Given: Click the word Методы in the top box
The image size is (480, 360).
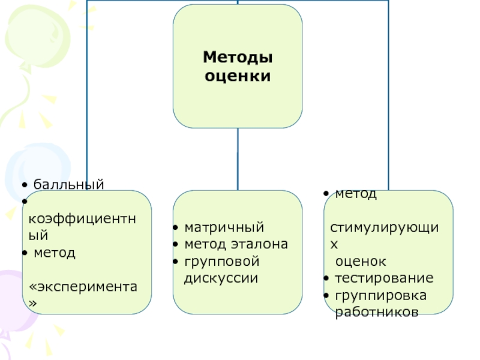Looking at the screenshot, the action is click(x=238, y=58).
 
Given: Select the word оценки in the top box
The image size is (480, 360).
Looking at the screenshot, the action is click(x=238, y=76).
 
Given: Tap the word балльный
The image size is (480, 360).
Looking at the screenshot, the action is click(x=68, y=184).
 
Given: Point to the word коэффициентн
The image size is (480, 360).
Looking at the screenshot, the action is click(x=85, y=218).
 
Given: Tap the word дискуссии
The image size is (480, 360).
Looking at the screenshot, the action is click(x=221, y=278).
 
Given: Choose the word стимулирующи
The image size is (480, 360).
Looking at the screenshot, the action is click(x=385, y=229).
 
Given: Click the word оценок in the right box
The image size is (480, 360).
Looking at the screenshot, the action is click(x=361, y=262).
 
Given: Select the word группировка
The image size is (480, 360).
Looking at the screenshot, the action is click(x=380, y=295).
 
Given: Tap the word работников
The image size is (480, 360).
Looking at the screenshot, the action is click(x=376, y=312).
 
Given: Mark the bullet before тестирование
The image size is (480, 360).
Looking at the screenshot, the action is click(x=324, y=279).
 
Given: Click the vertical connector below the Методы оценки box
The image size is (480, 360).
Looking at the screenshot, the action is click(x=238, y=159).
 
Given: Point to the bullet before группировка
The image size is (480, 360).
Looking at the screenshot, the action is click(x=324, y=296).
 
